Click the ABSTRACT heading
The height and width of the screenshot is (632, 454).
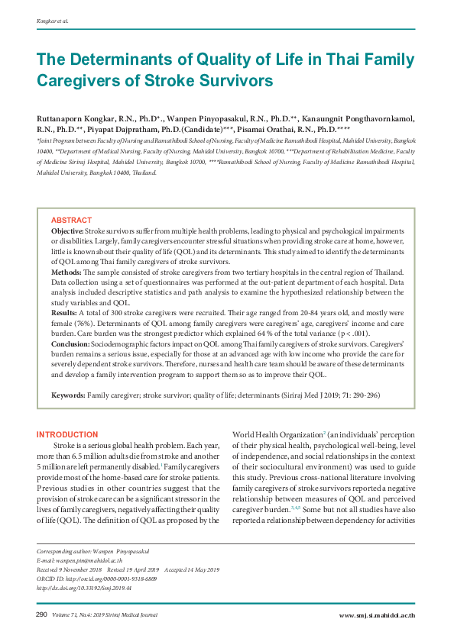click(x=71, y=220)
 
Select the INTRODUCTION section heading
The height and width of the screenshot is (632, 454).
click(x=67, y=434)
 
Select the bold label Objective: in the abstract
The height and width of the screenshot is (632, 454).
click(x=66, y=231)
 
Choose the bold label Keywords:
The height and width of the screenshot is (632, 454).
click(x=68, y=395)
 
